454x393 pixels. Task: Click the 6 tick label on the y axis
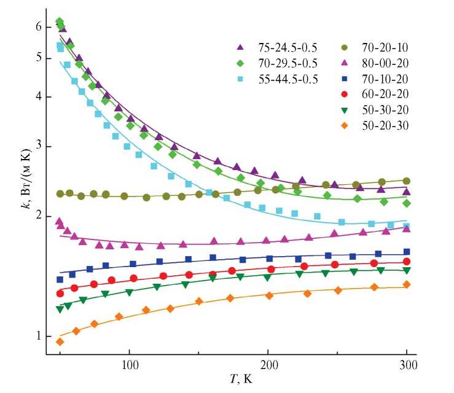38,27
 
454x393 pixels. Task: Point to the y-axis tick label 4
38,96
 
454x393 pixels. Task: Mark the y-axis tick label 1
38,336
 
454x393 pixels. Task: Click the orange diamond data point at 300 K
407,284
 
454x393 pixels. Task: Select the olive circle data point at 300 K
407,181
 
